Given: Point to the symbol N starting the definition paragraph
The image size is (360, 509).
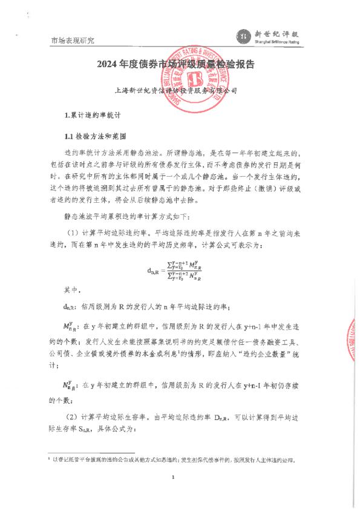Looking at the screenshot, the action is [x=70, y=385].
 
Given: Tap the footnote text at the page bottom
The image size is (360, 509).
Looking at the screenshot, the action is [x=175, y=460].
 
